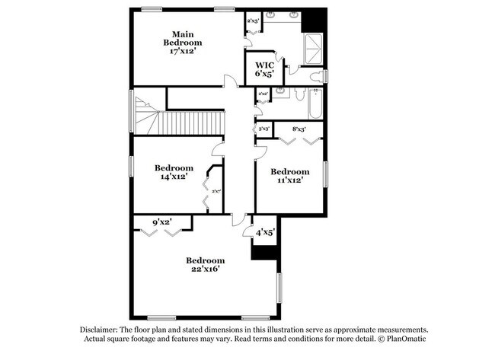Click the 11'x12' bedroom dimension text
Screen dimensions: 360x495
point(290,180)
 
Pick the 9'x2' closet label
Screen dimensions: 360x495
point(161,222)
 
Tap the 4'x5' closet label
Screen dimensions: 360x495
point(265,233)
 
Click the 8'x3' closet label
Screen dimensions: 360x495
point(299,129)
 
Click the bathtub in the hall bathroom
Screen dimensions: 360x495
point(315,103)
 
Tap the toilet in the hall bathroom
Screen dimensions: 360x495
point(299,96)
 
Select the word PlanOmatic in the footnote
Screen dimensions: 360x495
point(405,339)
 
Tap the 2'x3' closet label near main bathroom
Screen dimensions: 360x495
point(252,21)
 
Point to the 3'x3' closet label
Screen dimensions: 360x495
point(264,129)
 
